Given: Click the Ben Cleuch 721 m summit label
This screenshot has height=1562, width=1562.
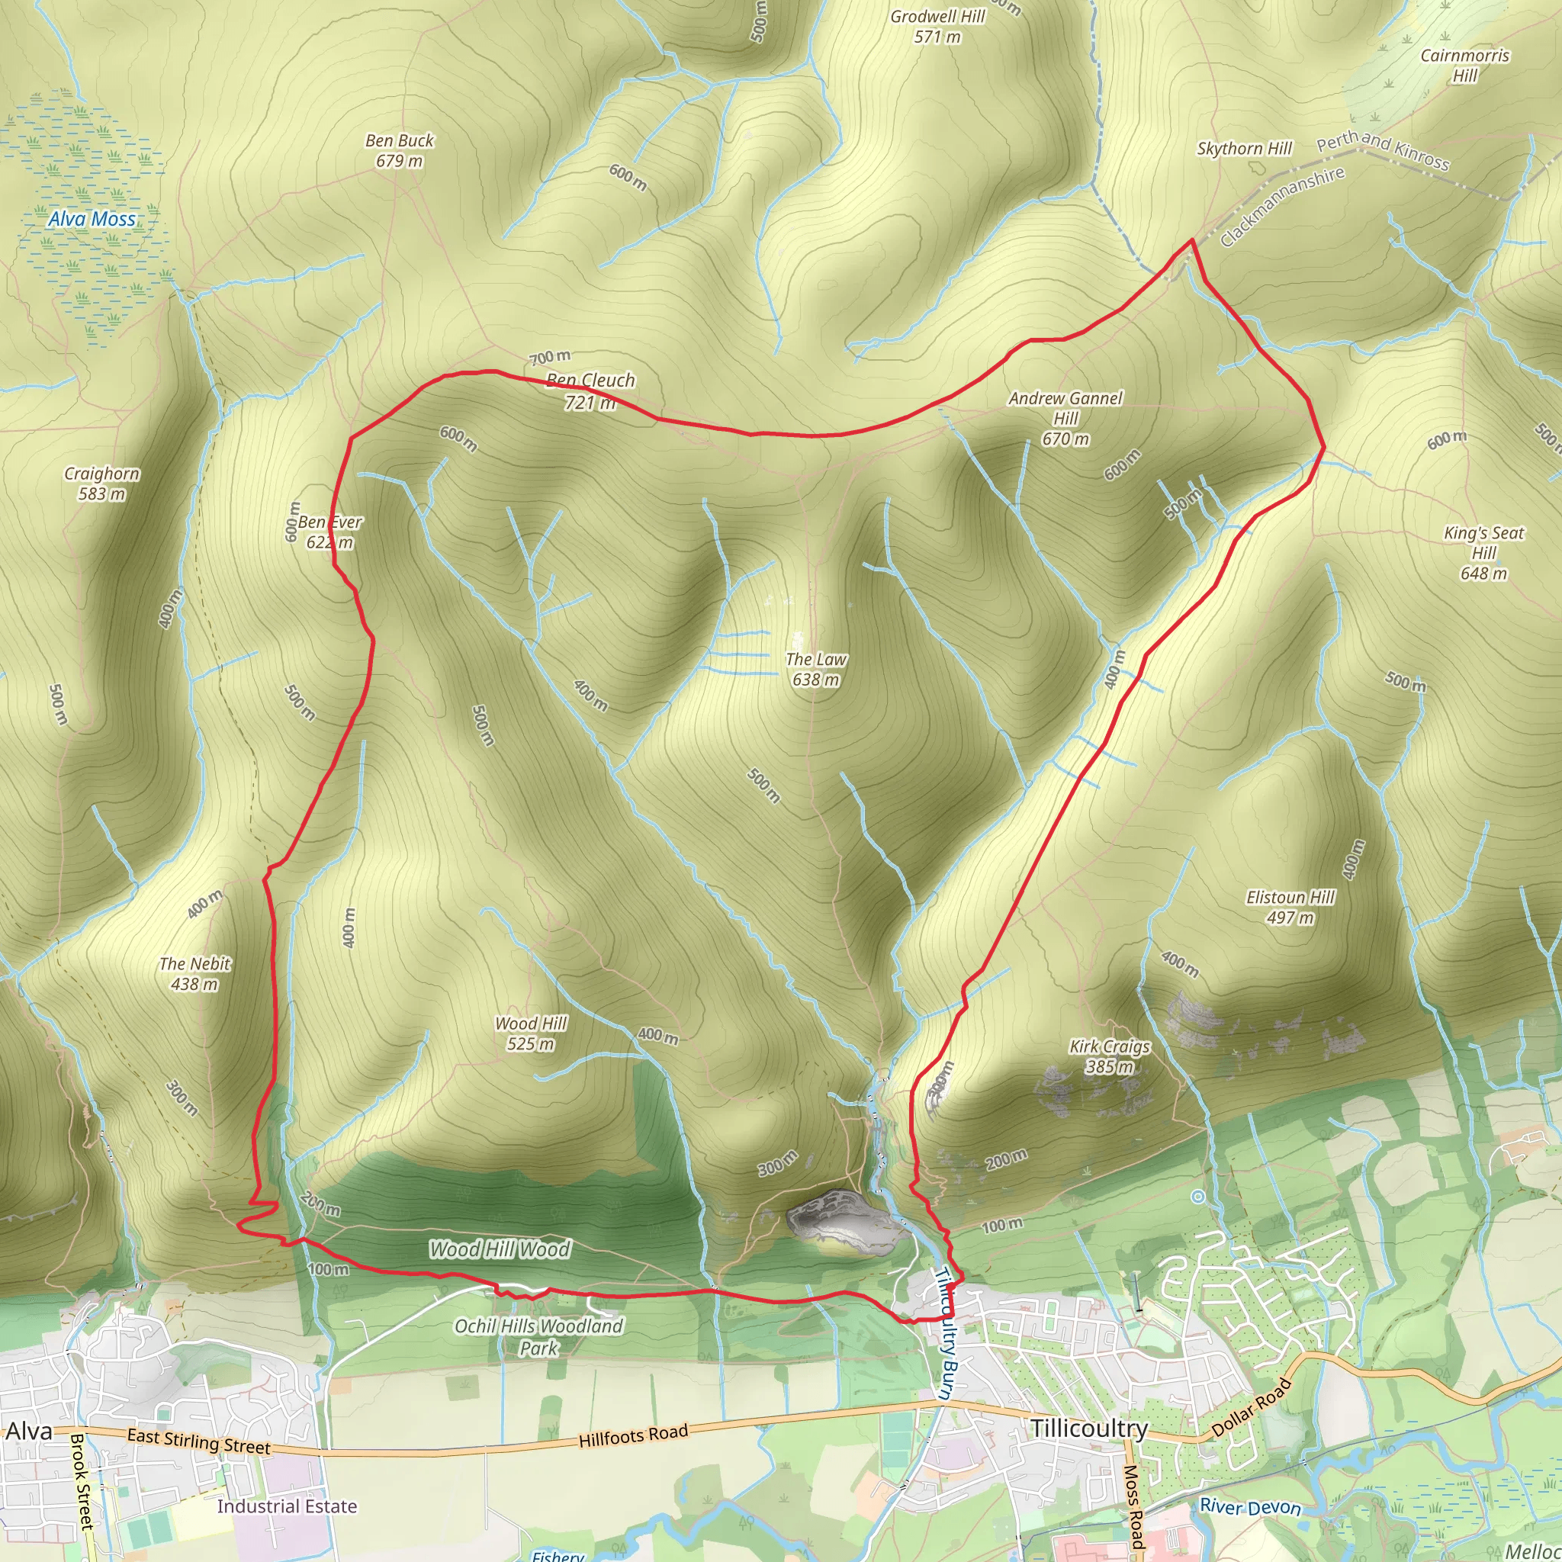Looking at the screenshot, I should point(591,391).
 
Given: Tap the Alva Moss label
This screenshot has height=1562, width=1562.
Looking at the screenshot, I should point(92,219).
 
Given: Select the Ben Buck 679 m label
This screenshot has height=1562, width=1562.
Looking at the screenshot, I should point(400,150).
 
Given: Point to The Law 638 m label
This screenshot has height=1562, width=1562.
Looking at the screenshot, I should point(816,670).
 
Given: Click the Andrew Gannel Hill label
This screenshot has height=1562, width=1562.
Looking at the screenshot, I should point(1065,418).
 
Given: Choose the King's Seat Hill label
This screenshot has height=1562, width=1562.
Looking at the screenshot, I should point(1483,553).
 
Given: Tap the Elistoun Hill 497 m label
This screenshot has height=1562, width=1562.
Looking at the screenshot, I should point(1290,907).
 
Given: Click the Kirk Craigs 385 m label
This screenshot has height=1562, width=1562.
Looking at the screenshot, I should point(1109,1056).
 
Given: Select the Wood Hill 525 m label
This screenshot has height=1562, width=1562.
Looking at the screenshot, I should point(531,1033).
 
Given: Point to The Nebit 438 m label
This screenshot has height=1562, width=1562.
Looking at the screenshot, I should point(194,973).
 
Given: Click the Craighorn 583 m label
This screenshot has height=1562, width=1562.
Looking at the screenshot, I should point(102,484).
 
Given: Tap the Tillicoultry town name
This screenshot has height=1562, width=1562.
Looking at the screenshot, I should point(1089,1428).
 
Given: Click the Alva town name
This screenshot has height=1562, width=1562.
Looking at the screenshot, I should point(29,1431).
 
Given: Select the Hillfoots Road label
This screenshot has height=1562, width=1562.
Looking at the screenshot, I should point(633,1436).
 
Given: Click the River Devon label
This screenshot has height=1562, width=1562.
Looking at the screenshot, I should point(1250,1507).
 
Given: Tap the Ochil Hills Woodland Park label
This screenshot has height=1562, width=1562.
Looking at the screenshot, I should point(538,1336).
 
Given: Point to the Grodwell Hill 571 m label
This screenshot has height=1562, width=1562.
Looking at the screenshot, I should point(938,27).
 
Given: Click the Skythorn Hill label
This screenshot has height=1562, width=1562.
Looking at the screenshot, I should point(1244,149).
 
